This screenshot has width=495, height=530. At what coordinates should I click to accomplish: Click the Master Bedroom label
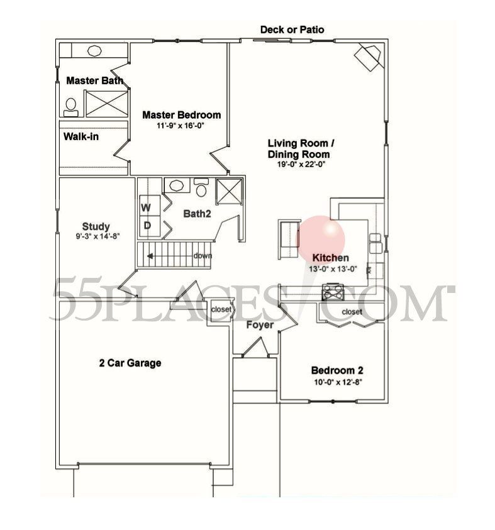pyautogui.click(x=181, y=115)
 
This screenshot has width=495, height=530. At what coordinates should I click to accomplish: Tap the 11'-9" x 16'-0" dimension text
pyautogui.click(x=181, y=126)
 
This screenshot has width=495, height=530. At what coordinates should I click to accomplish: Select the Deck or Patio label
pyautogui.click(x=292, y=30)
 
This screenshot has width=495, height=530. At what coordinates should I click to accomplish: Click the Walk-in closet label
pyautogui.click(x=81, y=136)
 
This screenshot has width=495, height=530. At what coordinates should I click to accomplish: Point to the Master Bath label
pyautogui.click(x=94, y=80)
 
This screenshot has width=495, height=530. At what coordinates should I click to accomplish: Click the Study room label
pyautogui.click(x=96, y=226)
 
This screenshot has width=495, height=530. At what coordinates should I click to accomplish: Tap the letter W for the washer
pyautogui.click(x=145, y=207)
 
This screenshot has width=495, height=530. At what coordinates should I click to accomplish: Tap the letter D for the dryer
pyautogui.click(x=147, y=225)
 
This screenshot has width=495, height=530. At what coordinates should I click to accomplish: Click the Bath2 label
pyautogui.click(x=196, y=214)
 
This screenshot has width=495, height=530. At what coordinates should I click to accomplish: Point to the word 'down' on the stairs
pyautogui.click(x=203, y=255)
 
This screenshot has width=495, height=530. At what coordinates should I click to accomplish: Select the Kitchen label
pyautogui.click(x=330, y=258)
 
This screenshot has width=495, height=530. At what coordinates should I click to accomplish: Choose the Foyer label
pyautogui.click(x=259, y=325)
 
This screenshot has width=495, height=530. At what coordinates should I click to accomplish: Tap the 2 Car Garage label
pyautogui.click(x=130, y=363)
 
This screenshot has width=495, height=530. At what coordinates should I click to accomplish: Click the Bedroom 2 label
pyautogui.click(x=337, y=370)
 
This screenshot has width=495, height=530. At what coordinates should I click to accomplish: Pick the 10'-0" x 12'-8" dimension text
pyautogui.click(x=338, y=382)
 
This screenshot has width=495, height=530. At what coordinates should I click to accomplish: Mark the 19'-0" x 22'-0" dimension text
pyautogui.click(x=299, y=165)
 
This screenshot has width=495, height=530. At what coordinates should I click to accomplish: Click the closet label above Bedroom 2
pyautogui.click(x=352, y=312)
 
